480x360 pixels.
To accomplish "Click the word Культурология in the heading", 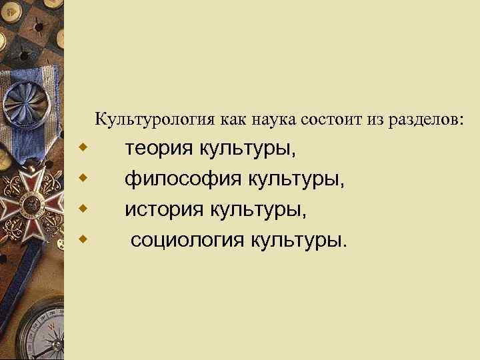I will [154, 120].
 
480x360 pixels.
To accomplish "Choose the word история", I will [165, 210].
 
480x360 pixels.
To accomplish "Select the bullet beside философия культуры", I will [83, 177].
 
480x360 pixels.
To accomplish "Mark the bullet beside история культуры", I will [83, 207].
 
